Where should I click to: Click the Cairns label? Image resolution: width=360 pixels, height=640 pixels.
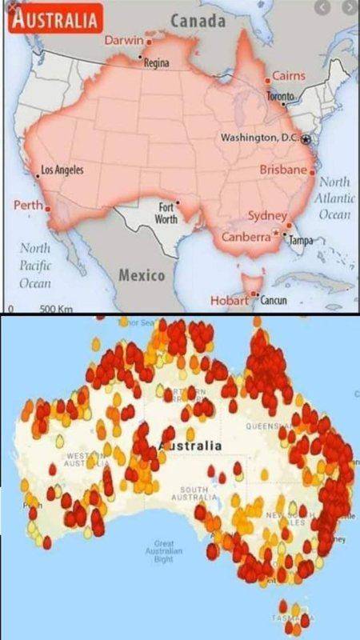tap(288, 75)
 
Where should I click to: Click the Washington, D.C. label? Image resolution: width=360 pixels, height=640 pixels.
tap(259, 138)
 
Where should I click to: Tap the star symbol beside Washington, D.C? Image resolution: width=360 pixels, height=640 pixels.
tap(306, 139)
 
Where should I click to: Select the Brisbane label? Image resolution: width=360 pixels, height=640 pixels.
tap(282, 170)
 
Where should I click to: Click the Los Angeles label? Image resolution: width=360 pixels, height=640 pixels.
tap(62, 170)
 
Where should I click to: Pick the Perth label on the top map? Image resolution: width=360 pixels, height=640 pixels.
tap(28, 206)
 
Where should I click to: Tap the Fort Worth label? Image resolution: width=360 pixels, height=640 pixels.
tap(166, 213)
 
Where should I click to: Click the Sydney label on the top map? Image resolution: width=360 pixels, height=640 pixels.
tap(266, 216)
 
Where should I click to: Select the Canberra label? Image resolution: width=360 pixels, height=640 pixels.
tap(246, 237)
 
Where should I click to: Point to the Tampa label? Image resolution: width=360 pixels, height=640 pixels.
tap(301, 240)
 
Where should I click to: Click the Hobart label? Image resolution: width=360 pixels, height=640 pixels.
tap(230, 300)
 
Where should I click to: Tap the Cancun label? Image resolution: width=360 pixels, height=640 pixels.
tap(274, 301)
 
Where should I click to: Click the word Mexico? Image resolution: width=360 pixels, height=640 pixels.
tap(142, 275)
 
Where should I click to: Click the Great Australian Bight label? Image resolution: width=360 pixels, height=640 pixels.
tap(163, 551)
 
